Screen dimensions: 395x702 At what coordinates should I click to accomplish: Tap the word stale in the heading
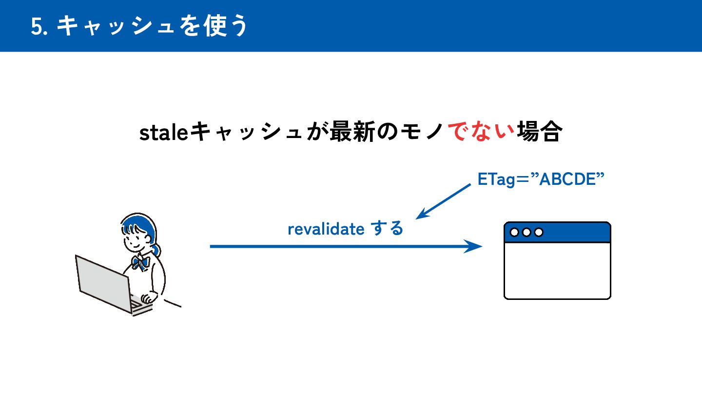[x=163, y=132]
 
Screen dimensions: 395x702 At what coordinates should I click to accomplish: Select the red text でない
[x=481, y=132]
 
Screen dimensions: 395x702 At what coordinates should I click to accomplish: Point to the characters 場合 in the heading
[x=538, y=132]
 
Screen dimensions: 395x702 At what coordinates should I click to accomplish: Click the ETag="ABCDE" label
[x=541, y=179]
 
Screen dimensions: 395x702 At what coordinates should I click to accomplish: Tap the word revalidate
[x=326, y=229]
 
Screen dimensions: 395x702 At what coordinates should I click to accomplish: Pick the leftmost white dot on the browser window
[x=514, y=232]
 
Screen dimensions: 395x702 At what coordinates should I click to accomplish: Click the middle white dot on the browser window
[x=526, y=232]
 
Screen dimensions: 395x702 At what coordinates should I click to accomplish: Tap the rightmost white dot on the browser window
[x=539, y=232]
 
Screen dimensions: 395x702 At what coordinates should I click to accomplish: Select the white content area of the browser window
[x=557, y=270]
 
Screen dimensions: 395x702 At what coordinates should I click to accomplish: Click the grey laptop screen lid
[x=103, y=282]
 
